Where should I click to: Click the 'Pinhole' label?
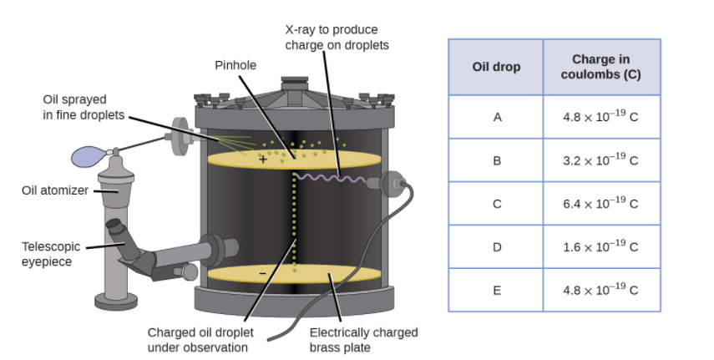[x=235, y=65]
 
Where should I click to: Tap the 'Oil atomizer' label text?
[x=55, y=190]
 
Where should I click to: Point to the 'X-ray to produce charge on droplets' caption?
[x=337, y=37]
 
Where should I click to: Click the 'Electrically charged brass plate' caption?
[x=363, y=339]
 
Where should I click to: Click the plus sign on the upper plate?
[x=263, y=159]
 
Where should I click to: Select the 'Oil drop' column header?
[x=496, y=67]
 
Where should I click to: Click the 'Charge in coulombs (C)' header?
[x=601, y=67]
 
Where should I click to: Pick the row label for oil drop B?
[x=497, y=160]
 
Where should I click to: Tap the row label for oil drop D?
[x=497, y=246]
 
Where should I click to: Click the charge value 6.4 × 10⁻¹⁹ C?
[x=601, y=203]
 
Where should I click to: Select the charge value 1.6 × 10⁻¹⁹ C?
[x=601, y=246]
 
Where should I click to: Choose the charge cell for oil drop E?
[x=601, y=290]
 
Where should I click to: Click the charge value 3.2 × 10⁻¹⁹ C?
[x=601, y=160]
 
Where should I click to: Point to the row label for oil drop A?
[x=497, y=117]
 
